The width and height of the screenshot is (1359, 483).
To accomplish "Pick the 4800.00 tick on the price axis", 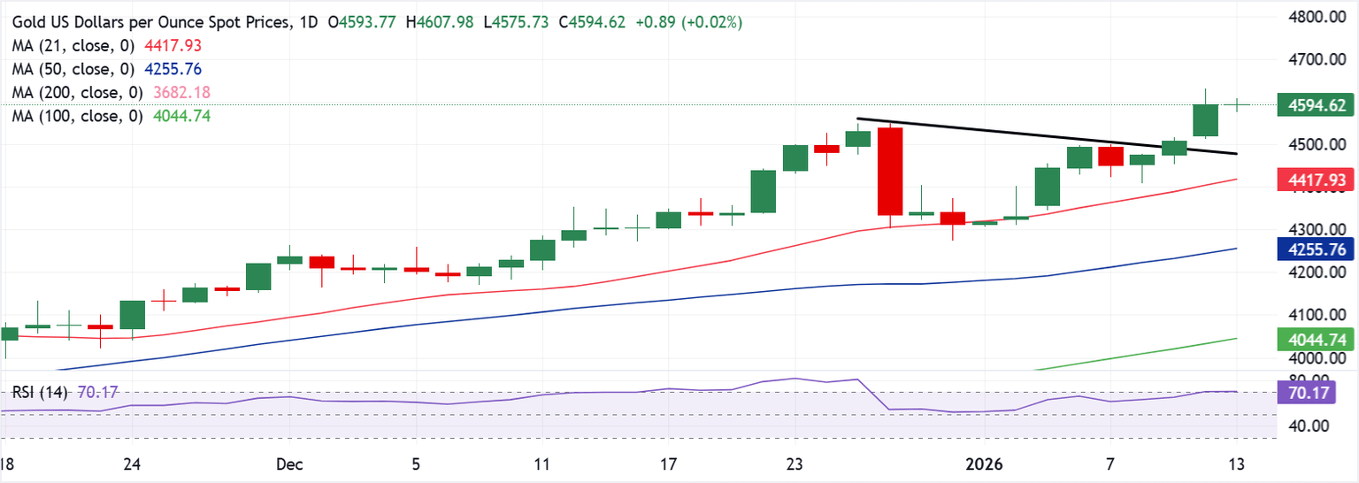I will (x=1311, y=18).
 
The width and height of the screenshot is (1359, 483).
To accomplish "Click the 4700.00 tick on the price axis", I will (x=1311, y=60).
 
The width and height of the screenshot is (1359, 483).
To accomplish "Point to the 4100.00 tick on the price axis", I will (x=1311, y=315).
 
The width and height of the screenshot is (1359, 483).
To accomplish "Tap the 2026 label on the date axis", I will (x=984, y=464).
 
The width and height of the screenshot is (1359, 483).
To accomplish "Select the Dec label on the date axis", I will (x=288, y=464).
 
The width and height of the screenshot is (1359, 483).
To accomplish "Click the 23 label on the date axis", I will (x=795, y=464).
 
